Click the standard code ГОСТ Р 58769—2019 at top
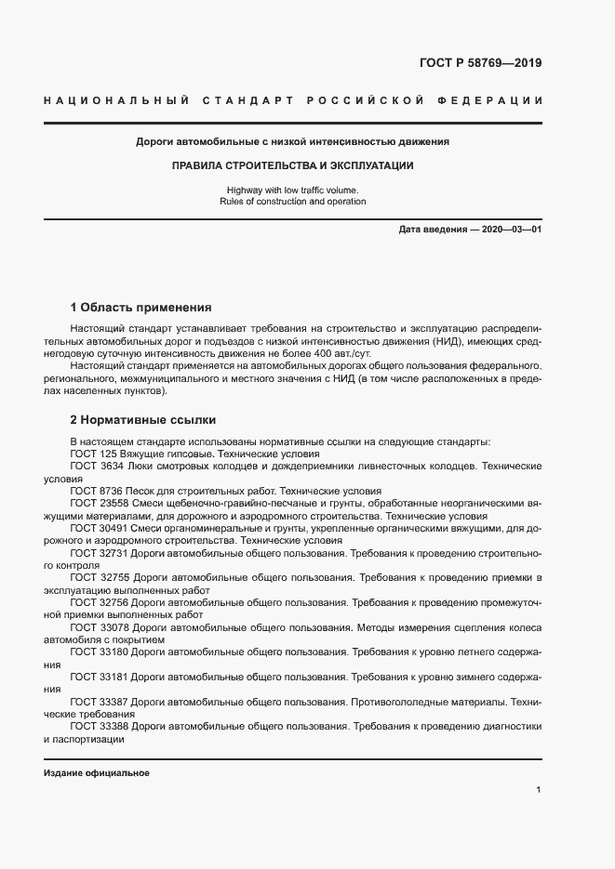tap(480, 63)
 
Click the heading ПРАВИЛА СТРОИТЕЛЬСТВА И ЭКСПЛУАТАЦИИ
tap(292, 165)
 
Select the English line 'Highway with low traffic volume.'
tap(292, 190)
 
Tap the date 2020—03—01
tap(510, 229)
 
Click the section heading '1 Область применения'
tap(141, 307)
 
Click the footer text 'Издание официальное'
tap(97, 773)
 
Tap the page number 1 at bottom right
tap(539, 789)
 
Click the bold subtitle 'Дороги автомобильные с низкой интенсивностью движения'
tap(292, 142)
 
